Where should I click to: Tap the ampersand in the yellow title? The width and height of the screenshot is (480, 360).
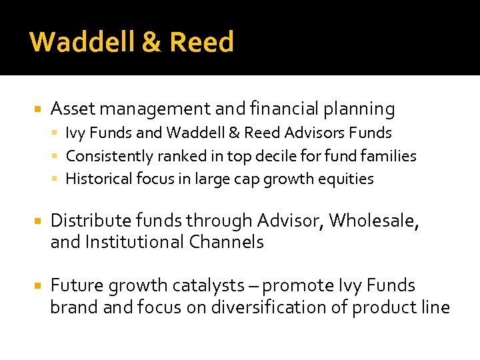tap(151, 42)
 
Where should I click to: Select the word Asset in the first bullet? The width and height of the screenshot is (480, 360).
tap(71, 109)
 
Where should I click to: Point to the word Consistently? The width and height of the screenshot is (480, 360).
tap(109, 156)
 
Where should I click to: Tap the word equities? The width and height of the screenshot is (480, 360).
tap(346, 179)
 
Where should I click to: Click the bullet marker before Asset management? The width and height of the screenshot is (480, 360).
tap(38, 109)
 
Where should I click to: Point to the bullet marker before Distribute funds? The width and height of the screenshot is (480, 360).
tap(38, 221)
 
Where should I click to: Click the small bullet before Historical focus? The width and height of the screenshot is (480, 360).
tap(57, 179)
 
